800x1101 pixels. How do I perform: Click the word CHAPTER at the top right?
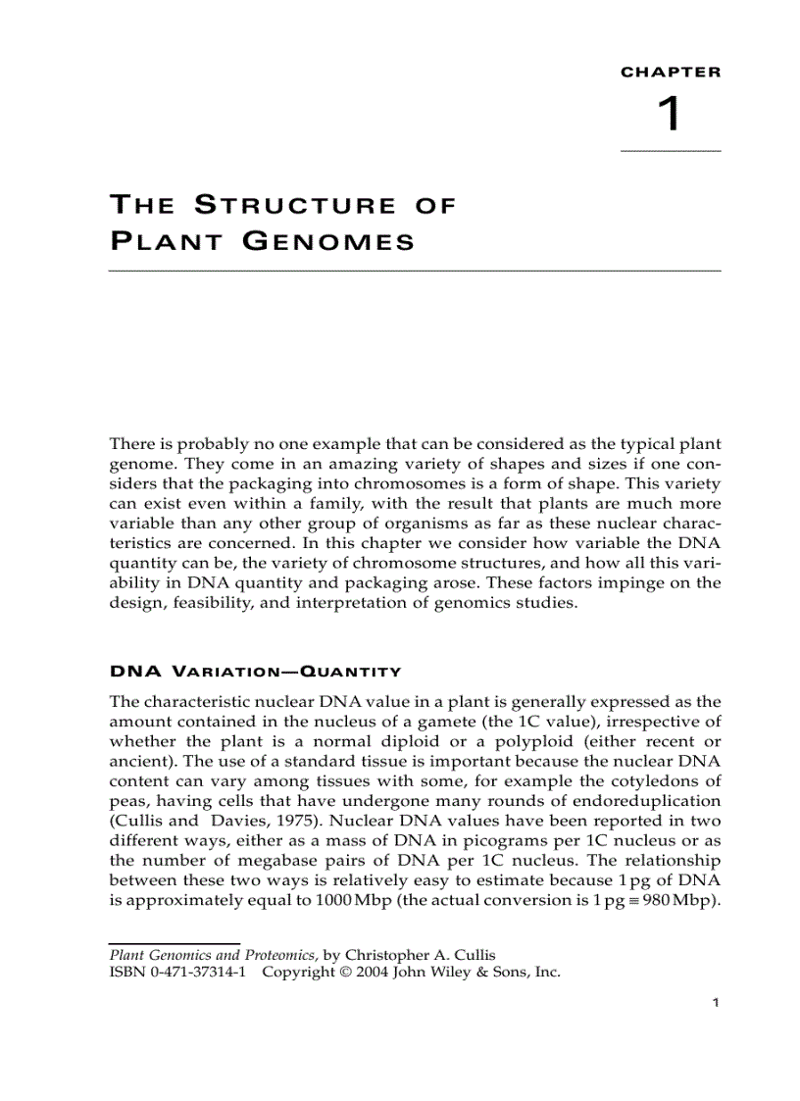(671, 72)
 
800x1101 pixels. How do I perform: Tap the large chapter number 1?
(668, 116)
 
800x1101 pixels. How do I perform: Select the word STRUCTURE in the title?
(294, 206)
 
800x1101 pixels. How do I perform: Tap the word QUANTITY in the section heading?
(350, 672)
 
